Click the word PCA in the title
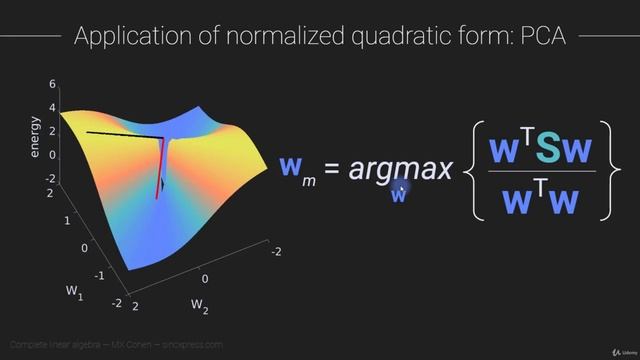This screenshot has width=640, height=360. click(x=541, y=36)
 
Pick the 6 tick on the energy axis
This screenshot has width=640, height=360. click(x=52, y=85)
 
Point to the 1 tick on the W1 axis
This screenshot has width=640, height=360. click(x=67, y=219)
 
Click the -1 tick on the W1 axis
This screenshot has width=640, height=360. click(x=98, y=273)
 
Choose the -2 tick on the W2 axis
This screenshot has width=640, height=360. click(x=276, y=252)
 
